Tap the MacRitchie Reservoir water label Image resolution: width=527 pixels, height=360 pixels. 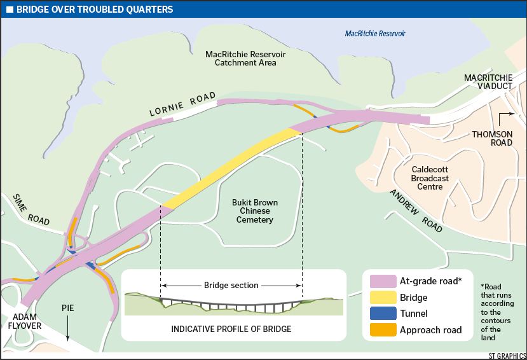coord(374,34)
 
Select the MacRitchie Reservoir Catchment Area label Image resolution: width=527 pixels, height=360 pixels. coord(245,59)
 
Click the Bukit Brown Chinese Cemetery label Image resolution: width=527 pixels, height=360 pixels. coord(255,211)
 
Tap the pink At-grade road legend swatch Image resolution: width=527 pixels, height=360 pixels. coord(380,281)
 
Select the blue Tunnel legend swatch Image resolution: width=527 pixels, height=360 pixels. coord(380,314)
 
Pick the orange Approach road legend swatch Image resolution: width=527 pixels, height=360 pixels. coord(380,330)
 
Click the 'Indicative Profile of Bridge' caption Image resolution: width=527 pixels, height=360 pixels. coord(231,329)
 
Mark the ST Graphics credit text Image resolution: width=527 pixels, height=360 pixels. coord(507,355)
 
